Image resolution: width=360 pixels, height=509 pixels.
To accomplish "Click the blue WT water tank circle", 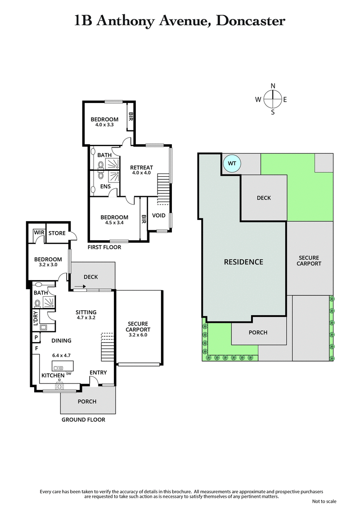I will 232,163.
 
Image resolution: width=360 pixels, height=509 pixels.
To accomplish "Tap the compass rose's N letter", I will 273,86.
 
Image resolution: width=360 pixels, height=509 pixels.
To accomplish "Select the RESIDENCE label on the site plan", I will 243,262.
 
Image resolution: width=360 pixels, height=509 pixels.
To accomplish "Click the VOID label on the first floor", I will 159,215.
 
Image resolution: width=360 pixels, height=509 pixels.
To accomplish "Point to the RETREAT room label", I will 142,168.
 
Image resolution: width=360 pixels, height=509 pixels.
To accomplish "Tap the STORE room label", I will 57,233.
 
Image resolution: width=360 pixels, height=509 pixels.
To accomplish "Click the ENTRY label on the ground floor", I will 98,372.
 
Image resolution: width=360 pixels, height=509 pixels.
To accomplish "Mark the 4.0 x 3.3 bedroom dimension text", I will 104,125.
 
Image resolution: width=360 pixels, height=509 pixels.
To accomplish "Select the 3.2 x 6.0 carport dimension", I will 137,335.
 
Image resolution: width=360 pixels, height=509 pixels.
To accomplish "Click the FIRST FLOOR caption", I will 105,247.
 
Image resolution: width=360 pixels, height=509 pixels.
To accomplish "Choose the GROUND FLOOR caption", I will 84,420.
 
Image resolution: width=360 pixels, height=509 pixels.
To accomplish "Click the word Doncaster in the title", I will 251,21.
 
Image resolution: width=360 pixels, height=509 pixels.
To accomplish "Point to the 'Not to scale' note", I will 324,501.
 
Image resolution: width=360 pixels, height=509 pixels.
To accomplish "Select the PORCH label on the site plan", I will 258,332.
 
